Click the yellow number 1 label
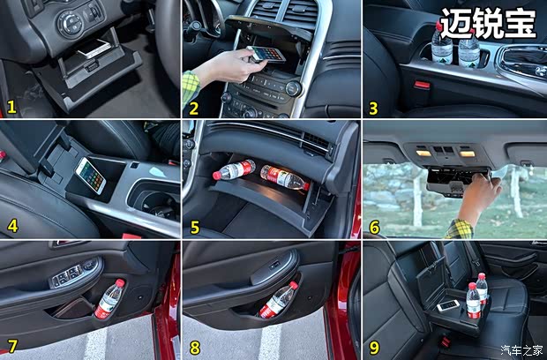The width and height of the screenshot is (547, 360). [x=11, y=107]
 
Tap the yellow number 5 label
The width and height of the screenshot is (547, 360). [x=195, y=228]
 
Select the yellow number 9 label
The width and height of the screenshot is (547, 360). [x=374, y=348]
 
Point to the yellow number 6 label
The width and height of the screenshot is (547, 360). [x=374, y=228]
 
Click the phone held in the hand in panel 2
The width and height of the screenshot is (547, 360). [x=266, y=55]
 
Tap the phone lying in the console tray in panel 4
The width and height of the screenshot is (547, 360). [x=91, y=176]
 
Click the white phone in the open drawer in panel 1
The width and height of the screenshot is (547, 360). [x=94, y=49]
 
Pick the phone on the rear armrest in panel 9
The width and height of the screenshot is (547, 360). [x=448, y=305]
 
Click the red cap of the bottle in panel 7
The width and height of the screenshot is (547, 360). [x=120, y=283]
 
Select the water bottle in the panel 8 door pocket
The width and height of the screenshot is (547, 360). [x=277, y=300]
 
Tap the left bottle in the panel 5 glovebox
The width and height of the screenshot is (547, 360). [x=234, y=170]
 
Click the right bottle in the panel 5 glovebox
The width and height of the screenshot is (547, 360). [x=285, y=177]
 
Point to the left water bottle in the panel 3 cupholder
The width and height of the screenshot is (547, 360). [x=442, y=43]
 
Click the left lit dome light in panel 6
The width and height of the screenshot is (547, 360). [x=423, y=153]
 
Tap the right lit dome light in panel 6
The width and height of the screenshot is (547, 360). [x=467, y=154]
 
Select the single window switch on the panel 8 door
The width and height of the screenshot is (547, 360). [x=275, y=266]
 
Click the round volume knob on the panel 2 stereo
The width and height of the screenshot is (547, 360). [x=293, y=88]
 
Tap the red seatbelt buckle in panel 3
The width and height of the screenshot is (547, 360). [x=422, y=85]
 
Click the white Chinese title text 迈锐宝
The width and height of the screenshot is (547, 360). [x=488, y=24]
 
